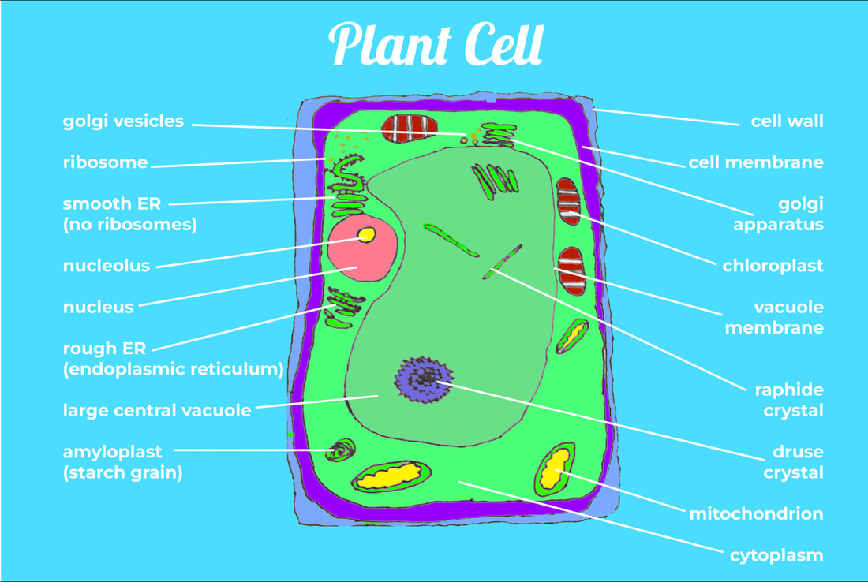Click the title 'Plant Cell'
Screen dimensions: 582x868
[436, 44]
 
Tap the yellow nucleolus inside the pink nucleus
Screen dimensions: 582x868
[366, 234]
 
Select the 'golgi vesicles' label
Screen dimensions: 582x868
[123, 121]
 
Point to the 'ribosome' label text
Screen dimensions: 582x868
[105, 162]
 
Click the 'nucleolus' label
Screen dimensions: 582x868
[107, 266]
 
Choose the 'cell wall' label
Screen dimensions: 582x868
[787, 121]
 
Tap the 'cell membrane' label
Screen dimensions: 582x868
[755, 162]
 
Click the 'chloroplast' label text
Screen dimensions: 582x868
[773, 266]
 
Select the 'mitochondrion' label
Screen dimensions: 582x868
[756, 514]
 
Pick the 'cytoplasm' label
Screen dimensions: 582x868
[776, 555]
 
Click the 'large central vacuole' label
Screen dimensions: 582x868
[157, 410]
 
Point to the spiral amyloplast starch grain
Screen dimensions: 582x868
[342, 450]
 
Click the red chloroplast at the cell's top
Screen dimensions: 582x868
[409, 129]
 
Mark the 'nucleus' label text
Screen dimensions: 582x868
[99, 307]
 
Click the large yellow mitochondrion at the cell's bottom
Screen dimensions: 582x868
[391, 476]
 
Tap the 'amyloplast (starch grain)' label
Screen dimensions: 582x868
[123, 462]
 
